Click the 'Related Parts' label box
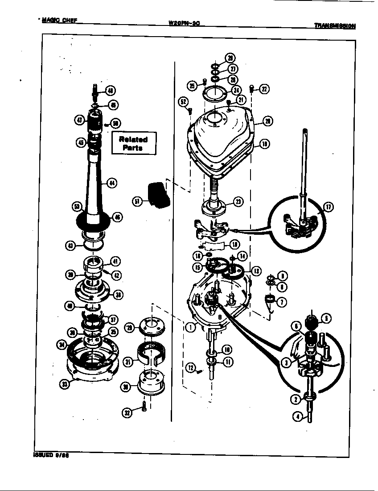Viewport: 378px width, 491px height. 133,143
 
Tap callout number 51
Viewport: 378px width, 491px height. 138,201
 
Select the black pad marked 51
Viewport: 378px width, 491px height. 157,194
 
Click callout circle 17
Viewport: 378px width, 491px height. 328,207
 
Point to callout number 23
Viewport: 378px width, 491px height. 238,202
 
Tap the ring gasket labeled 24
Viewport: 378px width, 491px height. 214,95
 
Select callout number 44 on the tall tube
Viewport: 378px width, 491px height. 113,182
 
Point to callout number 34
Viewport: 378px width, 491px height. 62,344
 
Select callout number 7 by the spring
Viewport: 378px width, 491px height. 281,301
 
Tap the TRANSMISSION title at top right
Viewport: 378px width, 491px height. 335,26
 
